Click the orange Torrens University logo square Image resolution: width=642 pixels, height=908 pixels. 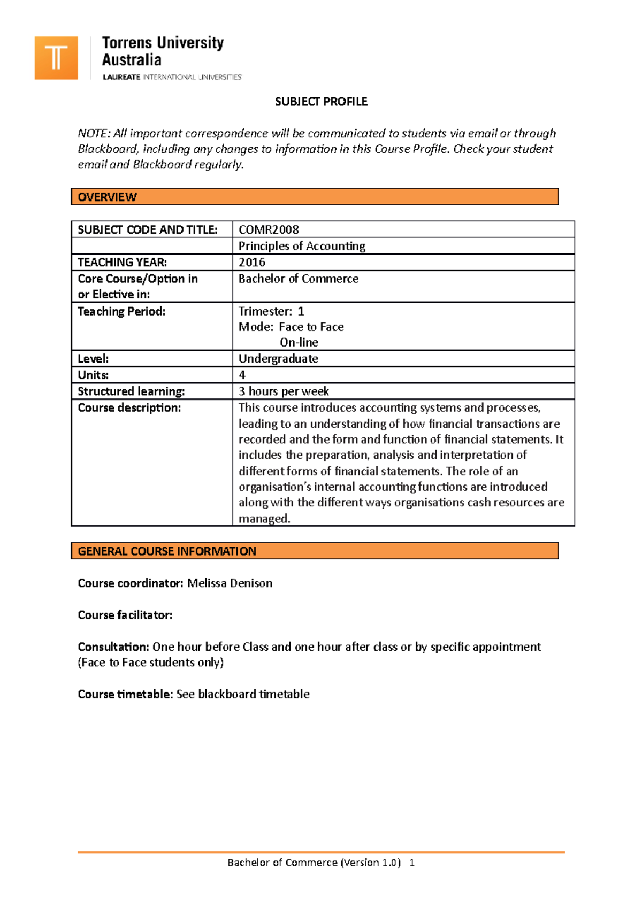tap(56, 58)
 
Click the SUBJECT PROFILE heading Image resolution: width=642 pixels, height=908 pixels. tap(321, 102)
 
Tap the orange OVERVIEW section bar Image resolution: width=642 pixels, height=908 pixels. tap(315, 197)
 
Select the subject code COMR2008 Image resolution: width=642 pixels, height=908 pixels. tap(269, 230)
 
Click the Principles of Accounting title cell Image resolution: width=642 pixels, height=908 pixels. tap(302, 246)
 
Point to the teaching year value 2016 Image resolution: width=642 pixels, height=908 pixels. tap(252, 263)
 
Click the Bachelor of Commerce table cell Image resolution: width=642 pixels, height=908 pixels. tap(299, 279)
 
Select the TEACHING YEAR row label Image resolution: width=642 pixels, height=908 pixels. tap(123, 263)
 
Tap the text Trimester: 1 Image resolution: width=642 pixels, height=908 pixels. tap(271, 311)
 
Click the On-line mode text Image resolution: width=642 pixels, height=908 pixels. tap(299, 342)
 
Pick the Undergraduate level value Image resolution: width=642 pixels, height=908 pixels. tap(278, 359)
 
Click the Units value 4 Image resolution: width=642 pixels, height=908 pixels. tap(242, 375)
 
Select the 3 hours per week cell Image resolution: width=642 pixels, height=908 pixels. tap(284, 391)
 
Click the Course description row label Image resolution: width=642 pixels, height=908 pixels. tap(129, 408)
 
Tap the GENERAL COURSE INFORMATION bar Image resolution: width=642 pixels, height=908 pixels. tap(315, 551)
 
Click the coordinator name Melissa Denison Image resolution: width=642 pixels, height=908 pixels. tap(230, 583)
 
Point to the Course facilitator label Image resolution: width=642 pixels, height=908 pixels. tap(125, 615)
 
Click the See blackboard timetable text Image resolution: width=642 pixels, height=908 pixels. tap(243, 694)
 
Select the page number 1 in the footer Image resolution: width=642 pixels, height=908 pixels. tap(412, 863)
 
